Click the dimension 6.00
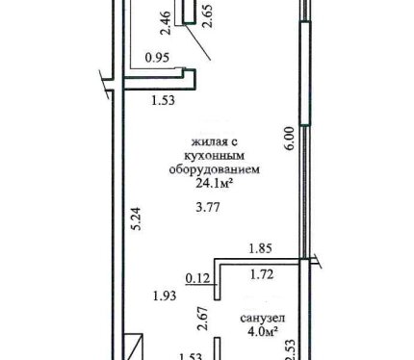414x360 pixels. (289, 139)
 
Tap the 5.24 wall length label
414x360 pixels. (137, 219)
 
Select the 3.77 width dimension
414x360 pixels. (208, 207)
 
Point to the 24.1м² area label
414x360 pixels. (214, 184)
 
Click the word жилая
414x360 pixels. (207, 141)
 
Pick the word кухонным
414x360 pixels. (215, 156)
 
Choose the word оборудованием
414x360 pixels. (215, 169)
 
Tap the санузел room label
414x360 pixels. (263, 319)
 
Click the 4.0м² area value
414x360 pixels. (263, 331)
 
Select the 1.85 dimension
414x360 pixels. (261, 248)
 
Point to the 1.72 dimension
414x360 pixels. (262, 274)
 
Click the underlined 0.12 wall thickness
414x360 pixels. (198, 278)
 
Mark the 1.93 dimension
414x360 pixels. (165, 296)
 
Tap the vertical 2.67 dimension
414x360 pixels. (203, 319)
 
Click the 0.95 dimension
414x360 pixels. (157, 58)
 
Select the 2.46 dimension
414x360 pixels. (166, 23)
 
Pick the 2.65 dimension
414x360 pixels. (208, 16)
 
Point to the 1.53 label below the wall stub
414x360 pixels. (164, 100)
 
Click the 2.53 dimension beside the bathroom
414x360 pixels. (290, 349)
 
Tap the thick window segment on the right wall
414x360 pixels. (305, 73)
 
